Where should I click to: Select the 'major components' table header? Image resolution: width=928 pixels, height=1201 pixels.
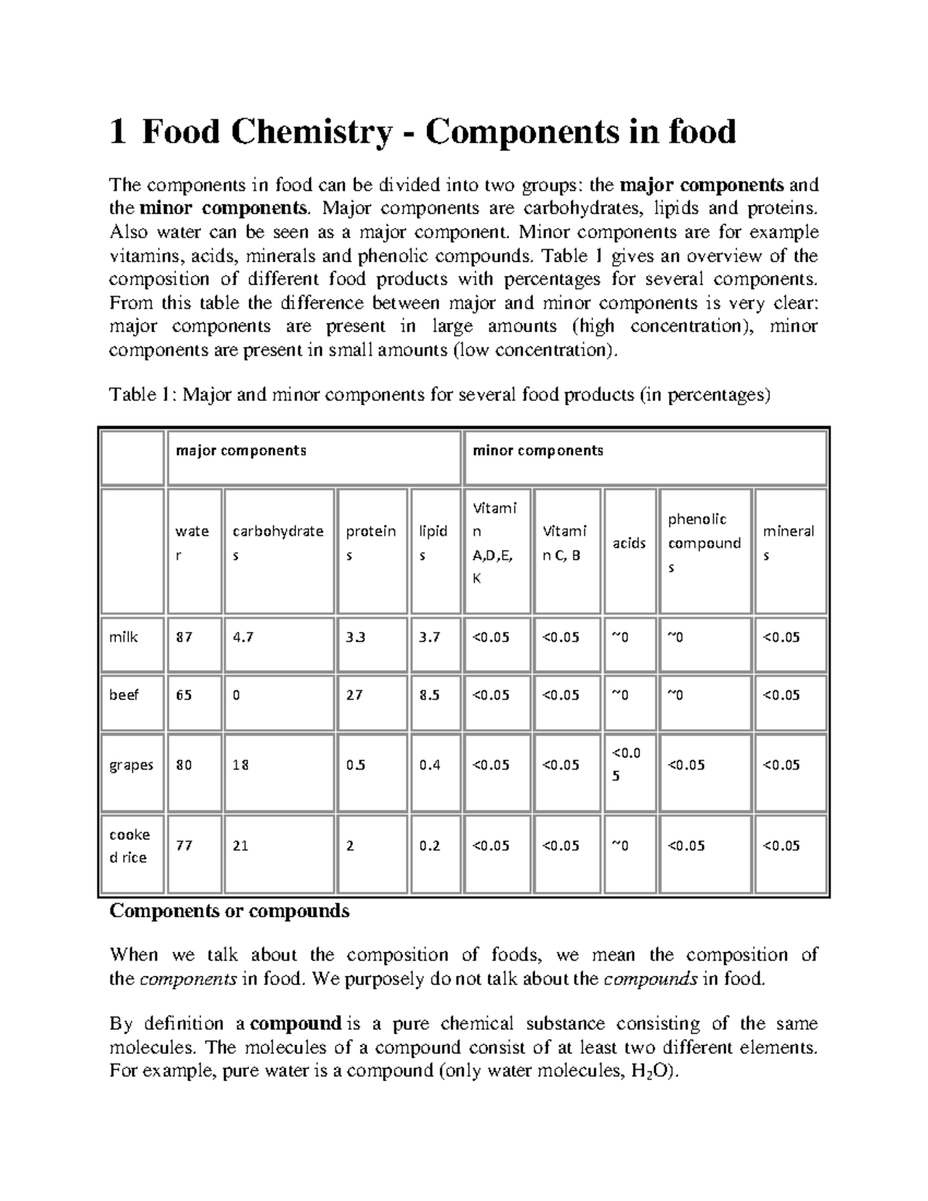pos(241,450)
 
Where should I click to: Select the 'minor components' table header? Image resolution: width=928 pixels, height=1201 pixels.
pos(537,450)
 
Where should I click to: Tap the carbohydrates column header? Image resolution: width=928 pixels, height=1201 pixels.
pos(278,543)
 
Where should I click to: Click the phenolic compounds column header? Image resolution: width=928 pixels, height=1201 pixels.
pos(704,543)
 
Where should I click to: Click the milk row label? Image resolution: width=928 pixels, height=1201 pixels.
pos(124,637)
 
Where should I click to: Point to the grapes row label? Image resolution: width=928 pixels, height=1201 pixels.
pos(131,766)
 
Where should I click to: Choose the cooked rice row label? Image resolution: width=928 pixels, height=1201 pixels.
pos(130,846)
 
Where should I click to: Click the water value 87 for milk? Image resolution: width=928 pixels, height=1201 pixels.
pos(184,637)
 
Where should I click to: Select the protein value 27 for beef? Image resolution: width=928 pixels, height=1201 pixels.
pos(354,695)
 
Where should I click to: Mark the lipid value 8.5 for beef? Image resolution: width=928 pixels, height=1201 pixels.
pos(429,695)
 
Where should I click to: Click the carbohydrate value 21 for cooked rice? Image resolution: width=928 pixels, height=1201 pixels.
pos(241,846)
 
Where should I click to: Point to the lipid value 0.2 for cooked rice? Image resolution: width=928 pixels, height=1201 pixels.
pos(429,846)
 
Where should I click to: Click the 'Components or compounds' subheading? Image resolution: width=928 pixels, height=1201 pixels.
pos(230,911)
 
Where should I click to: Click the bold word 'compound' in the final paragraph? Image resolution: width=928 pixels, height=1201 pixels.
pos(296,1024)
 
